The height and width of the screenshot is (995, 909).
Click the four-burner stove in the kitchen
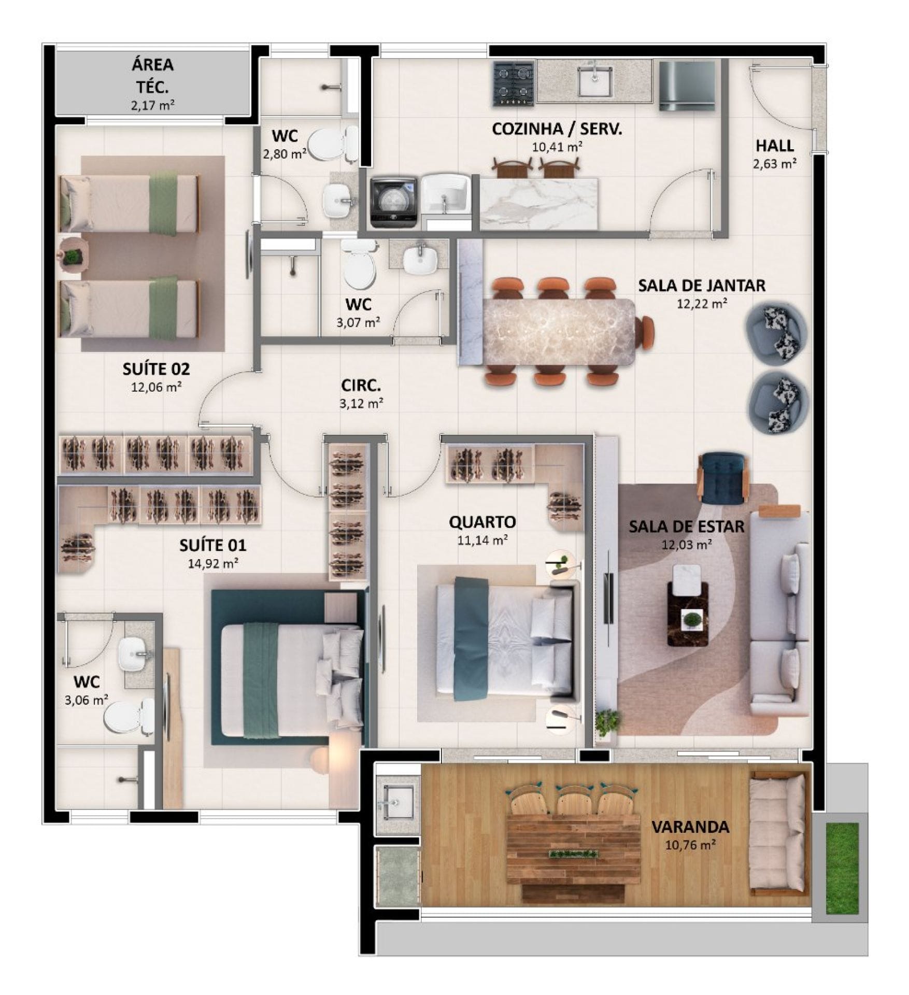[x=514, y=84]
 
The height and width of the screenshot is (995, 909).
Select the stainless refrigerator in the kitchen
[x=687, y=86]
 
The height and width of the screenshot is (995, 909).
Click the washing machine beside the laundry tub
[x=394, y=203]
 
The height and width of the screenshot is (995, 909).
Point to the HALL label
[x=775, y=146]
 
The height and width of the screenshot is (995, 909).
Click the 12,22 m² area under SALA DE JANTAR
[x=701, y=304]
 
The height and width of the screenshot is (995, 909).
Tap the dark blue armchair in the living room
[x=723, y=478]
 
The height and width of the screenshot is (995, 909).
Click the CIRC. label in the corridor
[x=361, y=386]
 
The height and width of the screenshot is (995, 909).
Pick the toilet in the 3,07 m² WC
[x=358, y=264]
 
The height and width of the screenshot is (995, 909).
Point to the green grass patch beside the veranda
[x=842, y=868]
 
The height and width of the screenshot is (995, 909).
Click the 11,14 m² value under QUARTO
[x=482, y=541]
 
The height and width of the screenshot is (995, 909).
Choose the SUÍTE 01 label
[x=212, y=545]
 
